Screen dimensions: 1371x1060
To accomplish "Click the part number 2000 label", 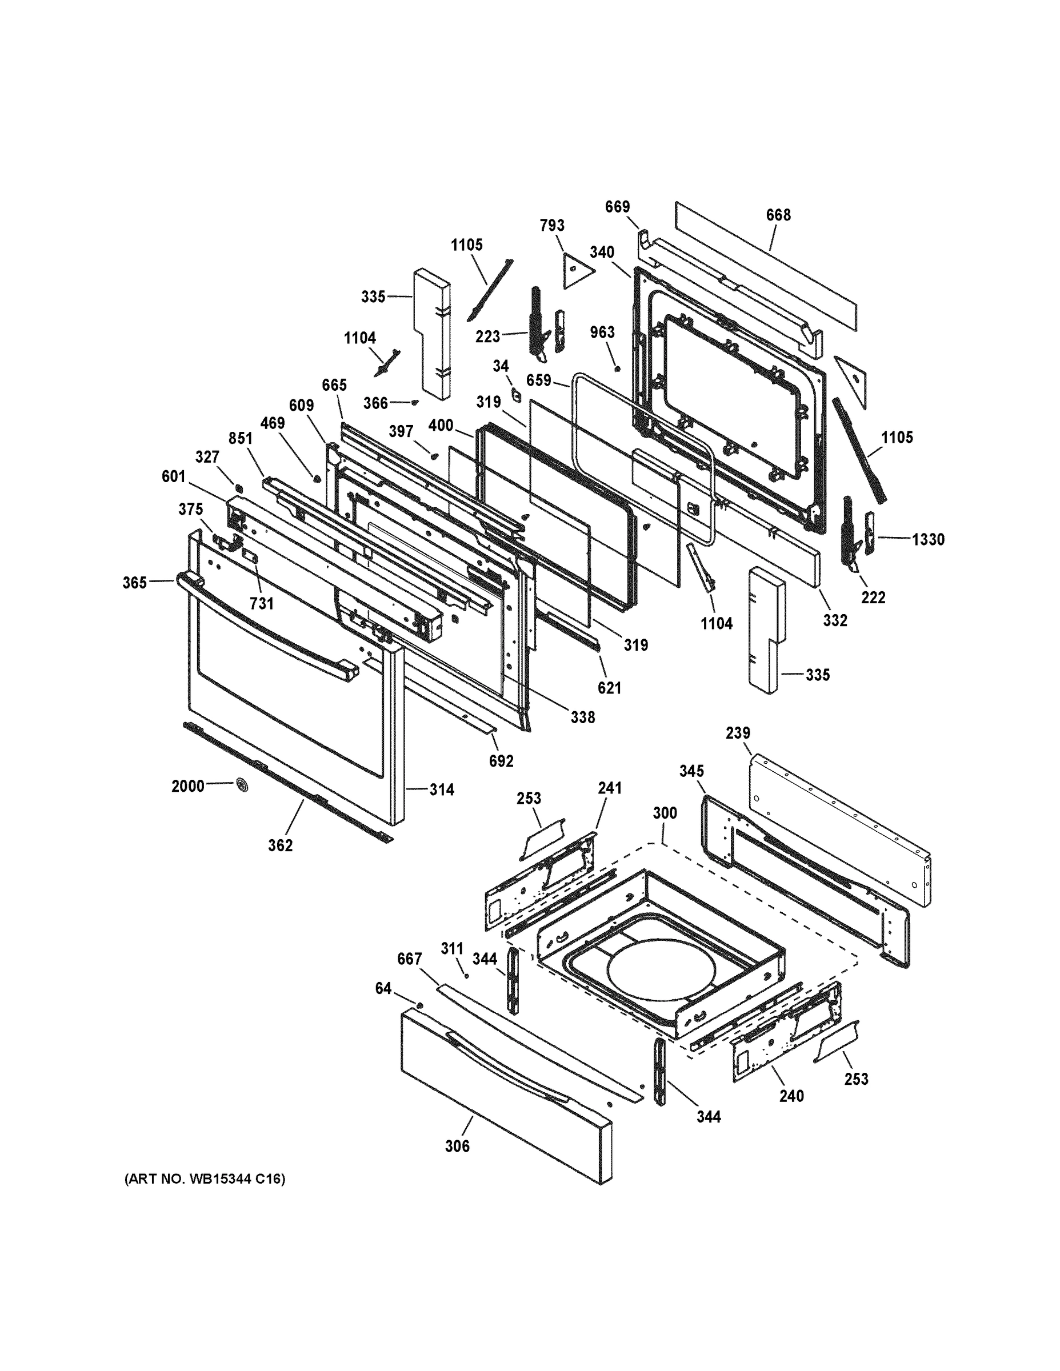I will tap(188, 786).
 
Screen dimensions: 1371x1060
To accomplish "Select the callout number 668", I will tap(778, 215).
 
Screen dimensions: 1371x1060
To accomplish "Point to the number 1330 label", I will tap(927, 539).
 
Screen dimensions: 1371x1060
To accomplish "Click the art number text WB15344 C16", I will tap(204, 1179).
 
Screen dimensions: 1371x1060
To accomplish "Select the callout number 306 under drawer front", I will tap(457, 1146).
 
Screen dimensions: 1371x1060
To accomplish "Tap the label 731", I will tap(261, 603).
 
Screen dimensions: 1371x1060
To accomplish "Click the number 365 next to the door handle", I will tap(134, 583).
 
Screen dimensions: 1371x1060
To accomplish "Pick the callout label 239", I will tap(738, 732).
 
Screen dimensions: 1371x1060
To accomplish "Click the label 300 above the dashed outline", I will tap(665, 813).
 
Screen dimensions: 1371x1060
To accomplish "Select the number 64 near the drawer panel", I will tap(383, 989).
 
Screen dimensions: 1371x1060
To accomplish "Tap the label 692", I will tap(501, 761).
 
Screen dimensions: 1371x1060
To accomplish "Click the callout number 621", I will tap(609, 688).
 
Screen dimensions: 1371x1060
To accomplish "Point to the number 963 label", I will tap(602, 332).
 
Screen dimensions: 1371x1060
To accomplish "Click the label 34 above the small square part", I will tap(501, 366).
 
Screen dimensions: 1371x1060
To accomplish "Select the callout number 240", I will tap(791, 1096).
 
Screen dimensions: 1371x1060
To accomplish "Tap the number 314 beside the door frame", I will tap(442, 789).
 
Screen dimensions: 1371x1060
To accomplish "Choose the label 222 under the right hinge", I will tap(873, 598).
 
